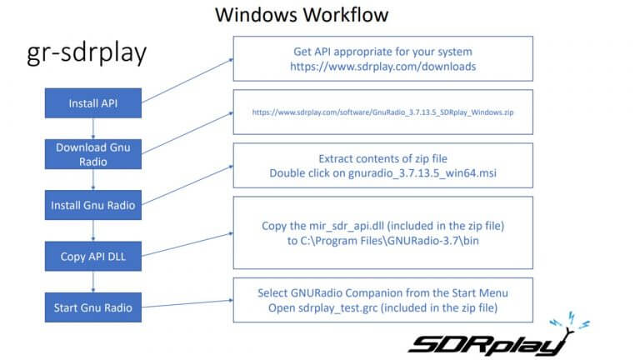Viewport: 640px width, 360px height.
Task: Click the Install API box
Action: coord(93,103)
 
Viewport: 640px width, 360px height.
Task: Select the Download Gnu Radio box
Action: coord(93,154)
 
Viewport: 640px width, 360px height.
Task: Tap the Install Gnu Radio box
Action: coord(93,205)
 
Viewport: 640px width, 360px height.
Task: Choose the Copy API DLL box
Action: coord(93,257)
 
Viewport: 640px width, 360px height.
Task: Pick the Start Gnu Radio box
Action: coord(93,307)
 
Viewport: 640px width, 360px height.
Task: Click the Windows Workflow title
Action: coord(302,15)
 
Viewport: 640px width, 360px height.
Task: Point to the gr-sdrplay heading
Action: coord(87,52)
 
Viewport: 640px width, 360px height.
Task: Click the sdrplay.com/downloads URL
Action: coord(382,67)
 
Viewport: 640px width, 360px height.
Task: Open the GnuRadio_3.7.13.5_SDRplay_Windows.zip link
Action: coord(382,112)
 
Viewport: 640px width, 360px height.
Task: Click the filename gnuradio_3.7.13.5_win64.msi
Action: coord(422,173)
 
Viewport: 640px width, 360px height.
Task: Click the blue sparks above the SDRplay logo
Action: coord(570,320)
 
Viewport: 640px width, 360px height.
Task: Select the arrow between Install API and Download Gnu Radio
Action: coord(93,128)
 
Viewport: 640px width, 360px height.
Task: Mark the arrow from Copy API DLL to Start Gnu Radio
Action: coord(93,282)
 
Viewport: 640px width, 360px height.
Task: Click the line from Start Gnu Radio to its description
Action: coord(187,303)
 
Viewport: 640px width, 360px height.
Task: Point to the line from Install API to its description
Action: coord(187,81)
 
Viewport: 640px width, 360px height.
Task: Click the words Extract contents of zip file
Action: coord(382,158)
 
